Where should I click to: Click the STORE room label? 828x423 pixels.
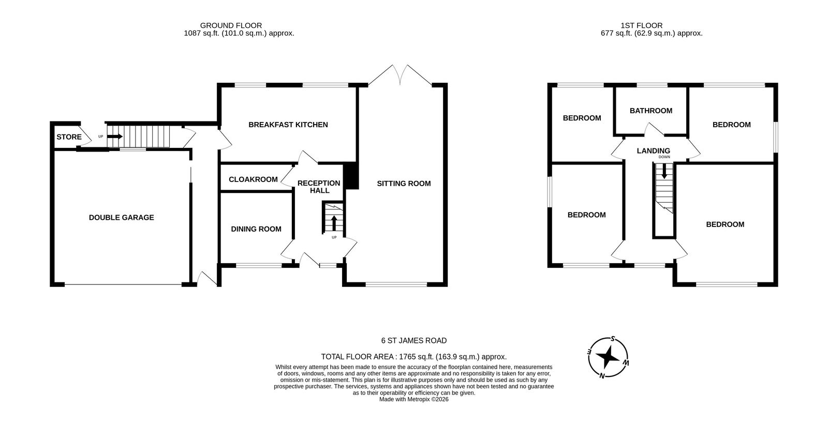pyautogui.click(x=69, y=137)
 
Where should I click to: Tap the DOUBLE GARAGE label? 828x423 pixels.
pyautogui.click(x=121, y=218)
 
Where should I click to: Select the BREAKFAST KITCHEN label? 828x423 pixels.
pyautogui.click(x=288, y=125)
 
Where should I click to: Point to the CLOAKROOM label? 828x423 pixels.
pyautogui.click(x=253, y=179)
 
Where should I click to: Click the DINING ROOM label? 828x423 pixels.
pyautogui.click(x=256, y=229)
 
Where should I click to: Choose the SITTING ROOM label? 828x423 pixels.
pyautogui.click(x=404, y=184)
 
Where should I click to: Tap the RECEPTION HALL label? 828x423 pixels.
pyautogui.click(x=319, y=187)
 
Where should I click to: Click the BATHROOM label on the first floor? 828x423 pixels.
pyautogui.click(x=651, y=111)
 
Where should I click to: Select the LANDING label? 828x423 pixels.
pyautogui.click(x=654, y=150)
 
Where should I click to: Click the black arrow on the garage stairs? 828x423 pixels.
pyautogui.click(x=114, y=137)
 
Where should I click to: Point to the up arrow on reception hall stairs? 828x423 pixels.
pyautogui.click(x=334, y=223)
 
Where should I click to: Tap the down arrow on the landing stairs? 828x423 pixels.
pyautogui.click(x=664, y=171)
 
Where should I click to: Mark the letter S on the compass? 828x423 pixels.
pyautogui.click(x=613, y=339)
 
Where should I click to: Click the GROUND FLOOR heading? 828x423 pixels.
pyautogui.click(x=231, y=25)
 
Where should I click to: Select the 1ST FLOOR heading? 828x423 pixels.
pyautogui.click(x=642, y=25)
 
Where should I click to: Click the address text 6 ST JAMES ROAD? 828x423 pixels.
pyautogui.click(x=414, y=341)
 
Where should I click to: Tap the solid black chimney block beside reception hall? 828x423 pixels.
pyautogui.click(x=351, y=176)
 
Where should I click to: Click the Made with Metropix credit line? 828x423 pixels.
pyautogui.click(x=414, y=399)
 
